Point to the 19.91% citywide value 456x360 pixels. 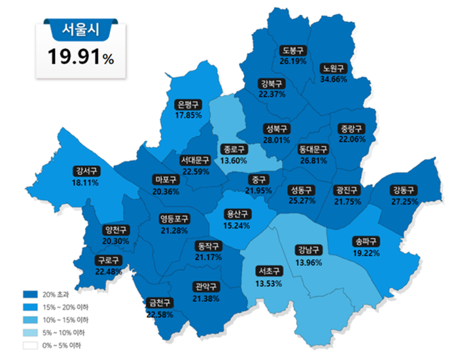[x=81, y=57]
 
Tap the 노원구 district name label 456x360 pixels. [x=333, y=68]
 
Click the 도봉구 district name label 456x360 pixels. [x=293, y=51]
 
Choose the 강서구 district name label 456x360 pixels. [x=86, y=171]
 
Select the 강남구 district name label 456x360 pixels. [x=308, y=250]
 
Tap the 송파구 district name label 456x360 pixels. [x=365, y=242]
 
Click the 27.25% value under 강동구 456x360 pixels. [x=404, y=202]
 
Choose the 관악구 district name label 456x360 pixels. [x=206, y=287]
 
